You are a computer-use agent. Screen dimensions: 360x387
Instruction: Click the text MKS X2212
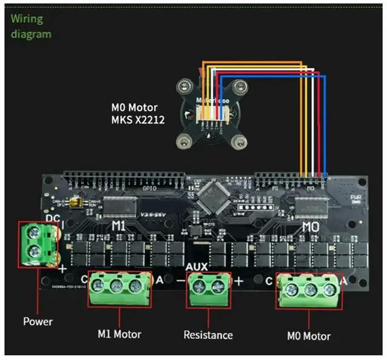click(138, 119)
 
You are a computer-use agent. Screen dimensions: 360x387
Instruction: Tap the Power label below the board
click(37, 321)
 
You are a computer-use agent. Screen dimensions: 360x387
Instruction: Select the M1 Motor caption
click(119, 333)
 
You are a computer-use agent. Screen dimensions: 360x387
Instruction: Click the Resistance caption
click(209, 335)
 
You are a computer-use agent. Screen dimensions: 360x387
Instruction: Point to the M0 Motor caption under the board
click(308, 336)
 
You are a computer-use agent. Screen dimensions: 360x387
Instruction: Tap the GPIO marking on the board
click(148, 188)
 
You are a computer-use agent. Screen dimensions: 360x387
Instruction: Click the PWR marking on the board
click(356, 197)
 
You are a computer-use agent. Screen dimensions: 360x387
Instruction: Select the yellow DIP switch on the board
click(77, 202)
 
